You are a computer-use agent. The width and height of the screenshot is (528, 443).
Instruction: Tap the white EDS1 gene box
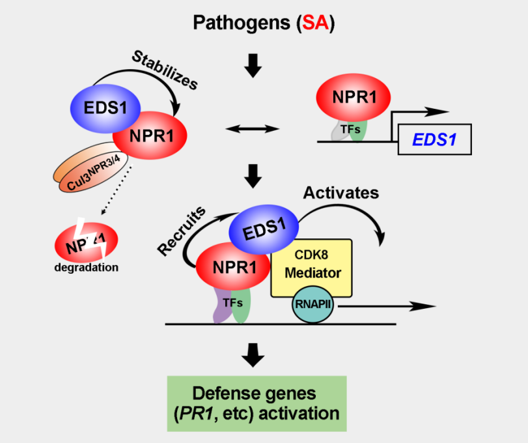click(x=435, y=139)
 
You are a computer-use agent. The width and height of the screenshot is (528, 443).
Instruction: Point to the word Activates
click(x=341, y=193)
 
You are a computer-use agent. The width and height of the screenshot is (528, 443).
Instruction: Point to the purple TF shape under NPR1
click(x=220, y=306)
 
